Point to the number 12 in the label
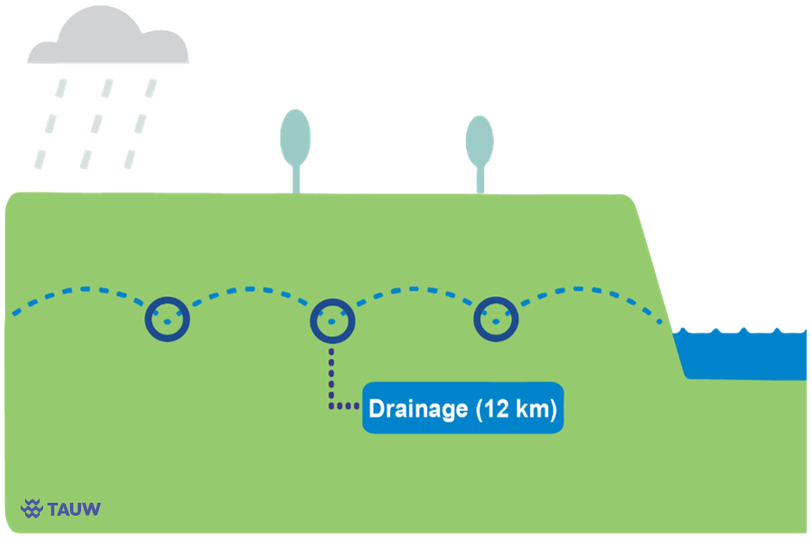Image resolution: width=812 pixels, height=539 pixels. click(x=497, y=409)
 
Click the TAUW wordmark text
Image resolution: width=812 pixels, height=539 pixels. click(x=74, y=509)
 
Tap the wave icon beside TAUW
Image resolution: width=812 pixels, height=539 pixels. click(x=32, y=509)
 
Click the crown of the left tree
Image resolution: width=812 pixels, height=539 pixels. click(x=295, y=137)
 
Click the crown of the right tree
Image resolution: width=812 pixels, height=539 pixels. click(x=480, y=141)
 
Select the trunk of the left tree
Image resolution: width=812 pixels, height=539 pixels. click(x=296, y=179)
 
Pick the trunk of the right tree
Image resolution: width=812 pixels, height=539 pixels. click(x=481, y=179)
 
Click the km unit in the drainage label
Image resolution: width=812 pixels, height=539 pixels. click(x=534, y=409)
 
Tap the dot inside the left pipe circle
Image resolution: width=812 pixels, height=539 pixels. click(x=167, y=322)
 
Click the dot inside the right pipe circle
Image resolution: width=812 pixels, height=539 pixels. click(x=496, y=322)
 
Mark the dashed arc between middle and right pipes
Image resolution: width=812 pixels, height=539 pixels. click(x=414, y=289)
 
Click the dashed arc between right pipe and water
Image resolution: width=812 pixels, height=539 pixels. click(x=579, y=289)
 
